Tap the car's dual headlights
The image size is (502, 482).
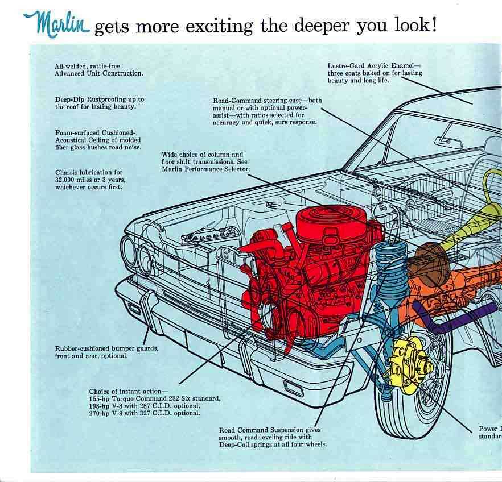(137, 254)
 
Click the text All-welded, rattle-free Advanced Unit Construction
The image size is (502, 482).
(98, 70)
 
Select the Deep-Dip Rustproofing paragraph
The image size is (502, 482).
(99, 103)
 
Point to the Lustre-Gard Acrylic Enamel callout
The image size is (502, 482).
(375, 73)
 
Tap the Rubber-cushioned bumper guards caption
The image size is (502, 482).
(106, 352)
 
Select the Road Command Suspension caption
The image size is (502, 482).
(273, 437)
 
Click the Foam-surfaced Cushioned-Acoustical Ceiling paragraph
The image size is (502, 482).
(98, 140)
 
